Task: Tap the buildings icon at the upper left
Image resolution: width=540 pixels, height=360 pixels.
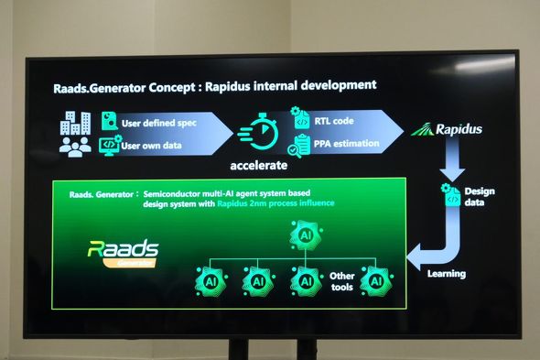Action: point(74,122)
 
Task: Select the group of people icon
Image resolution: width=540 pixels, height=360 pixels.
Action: point(74,144)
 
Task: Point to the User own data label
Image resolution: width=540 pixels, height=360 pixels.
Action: point(155,144)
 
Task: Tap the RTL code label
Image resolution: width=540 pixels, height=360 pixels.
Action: point(335,120)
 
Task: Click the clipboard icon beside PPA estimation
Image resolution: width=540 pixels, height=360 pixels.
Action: point(298,146)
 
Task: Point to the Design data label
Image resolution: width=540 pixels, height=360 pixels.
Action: point(479,197)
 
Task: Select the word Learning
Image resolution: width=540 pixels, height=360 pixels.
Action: point(446,273)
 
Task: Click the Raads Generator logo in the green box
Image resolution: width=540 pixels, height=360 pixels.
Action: point(123,252)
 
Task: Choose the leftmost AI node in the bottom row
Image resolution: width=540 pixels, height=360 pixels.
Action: point(212,279)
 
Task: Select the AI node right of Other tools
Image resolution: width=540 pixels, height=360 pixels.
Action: point(375,279)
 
